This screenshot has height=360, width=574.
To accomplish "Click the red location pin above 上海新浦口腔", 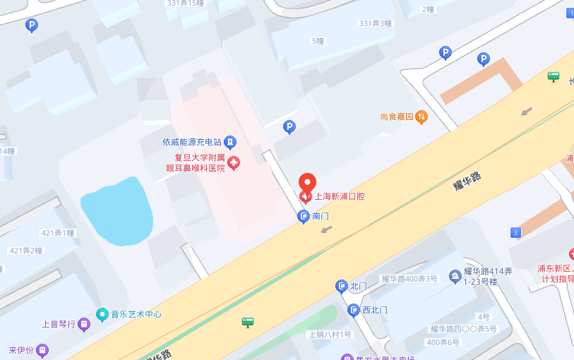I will click(x=307, y=183).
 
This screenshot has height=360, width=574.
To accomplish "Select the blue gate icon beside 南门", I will click(x=303, y=216).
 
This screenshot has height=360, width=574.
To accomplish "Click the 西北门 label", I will click(x=375, y=310).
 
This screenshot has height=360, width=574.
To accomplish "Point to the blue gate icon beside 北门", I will click(x=341, y=286).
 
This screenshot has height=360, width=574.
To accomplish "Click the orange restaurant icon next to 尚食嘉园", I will click(x=421, y=116).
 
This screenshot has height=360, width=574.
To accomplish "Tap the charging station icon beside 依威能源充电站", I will click(x=230, y=142).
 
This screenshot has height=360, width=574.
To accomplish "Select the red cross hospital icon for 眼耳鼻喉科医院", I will click(x=234, y=163).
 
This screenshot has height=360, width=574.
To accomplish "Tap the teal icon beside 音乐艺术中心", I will click(x=102, y=314).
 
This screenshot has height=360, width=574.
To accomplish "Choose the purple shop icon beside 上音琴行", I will click(x=85, y=324).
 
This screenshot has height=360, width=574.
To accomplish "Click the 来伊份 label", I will click(x=20, y=349).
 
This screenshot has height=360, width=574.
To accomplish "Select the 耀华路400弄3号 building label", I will click(x=409, y=278).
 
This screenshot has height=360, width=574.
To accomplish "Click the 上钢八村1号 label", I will click(x=330, y=335).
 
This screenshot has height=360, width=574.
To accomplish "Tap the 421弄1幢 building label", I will click(x=58, y=233).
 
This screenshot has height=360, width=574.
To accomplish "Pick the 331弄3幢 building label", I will click(x=376, y=23).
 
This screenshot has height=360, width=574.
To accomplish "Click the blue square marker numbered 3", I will click(x=516, y=232).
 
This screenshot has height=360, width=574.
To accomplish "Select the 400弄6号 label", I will click(x=443, y=342).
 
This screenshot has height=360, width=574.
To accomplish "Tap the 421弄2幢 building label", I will click(x=25, y=251).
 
